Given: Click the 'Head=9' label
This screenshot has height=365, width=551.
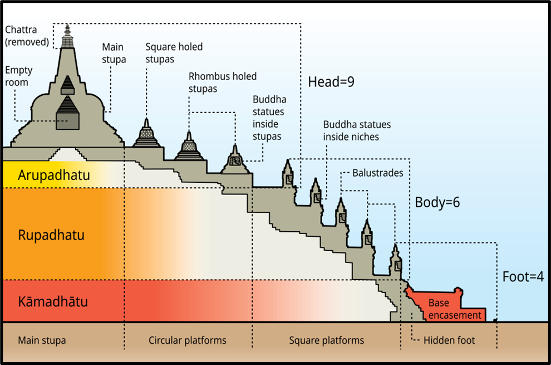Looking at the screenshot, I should point(331,82).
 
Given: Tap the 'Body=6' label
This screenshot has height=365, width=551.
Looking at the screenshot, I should point(437,202).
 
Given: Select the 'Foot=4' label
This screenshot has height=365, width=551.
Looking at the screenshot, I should point(523,276).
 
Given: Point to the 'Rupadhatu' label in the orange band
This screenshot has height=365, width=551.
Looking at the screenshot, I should point(51,235).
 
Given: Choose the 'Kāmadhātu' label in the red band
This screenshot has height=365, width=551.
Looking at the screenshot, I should point(53,302).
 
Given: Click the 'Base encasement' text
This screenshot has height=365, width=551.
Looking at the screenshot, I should point(455,309).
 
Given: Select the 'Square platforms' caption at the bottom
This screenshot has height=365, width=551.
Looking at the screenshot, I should point(327,340).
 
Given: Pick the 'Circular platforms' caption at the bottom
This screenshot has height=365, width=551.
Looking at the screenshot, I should point(188,340).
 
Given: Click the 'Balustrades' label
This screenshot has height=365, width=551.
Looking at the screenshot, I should point(377,173).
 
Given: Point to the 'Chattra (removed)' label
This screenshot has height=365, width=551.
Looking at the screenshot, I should point(26,35).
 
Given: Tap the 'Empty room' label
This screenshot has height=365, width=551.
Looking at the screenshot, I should point(19,76).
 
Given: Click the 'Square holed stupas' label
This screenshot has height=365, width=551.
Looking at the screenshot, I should point(174,53).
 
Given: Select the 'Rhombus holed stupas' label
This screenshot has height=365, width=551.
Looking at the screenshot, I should point(223,82).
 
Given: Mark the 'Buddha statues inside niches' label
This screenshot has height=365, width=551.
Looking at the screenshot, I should point(357,130).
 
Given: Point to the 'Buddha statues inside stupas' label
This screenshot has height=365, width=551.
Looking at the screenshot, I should point(269,118).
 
